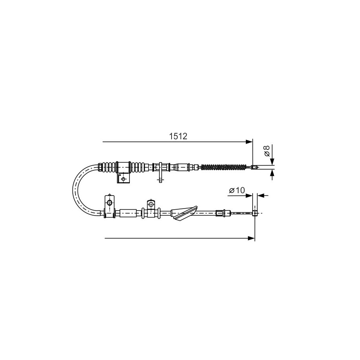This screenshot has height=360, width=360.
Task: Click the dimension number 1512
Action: pyautogui.click(x=178, y=137)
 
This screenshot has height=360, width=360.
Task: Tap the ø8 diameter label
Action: pyautogui.click(x=266, y=151)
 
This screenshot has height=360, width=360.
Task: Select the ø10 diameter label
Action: pyautogui.click(x=237, y=190)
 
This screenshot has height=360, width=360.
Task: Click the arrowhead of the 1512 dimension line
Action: pyautogui.click(x=249, y=142)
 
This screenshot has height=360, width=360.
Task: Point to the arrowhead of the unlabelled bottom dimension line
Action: pyautogui.click(x=251, y=238)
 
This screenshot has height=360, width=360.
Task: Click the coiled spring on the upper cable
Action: pyautogui.click(x=224, y=167)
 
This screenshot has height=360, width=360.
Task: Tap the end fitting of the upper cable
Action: pyautogui.click(x=254, y=167)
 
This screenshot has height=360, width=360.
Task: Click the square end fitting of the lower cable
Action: pyautogui.click(x=255, y=213)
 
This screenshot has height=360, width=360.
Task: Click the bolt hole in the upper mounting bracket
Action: pyautogui.click(x=123, y=179)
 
